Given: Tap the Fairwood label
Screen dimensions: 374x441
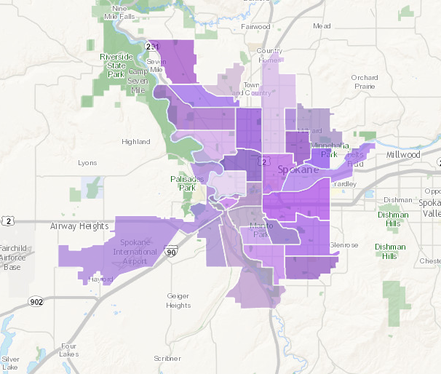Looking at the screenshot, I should [255, 27].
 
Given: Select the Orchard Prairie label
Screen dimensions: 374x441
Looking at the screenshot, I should [364, 81].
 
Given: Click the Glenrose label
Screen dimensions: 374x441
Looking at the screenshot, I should [343, 245].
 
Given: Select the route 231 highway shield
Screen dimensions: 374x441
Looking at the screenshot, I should [151, 47].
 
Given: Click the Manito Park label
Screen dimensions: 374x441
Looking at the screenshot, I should [261, 231].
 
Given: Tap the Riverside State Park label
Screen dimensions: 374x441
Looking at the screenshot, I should [116, 65].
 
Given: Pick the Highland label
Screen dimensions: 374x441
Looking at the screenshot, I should [136, 142].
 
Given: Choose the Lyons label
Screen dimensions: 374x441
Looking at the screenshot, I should [87, 163].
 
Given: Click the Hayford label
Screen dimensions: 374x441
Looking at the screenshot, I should [102, 279].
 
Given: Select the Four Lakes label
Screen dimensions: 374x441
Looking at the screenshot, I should [69, 350].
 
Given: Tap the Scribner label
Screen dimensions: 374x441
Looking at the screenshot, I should [167, 359].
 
